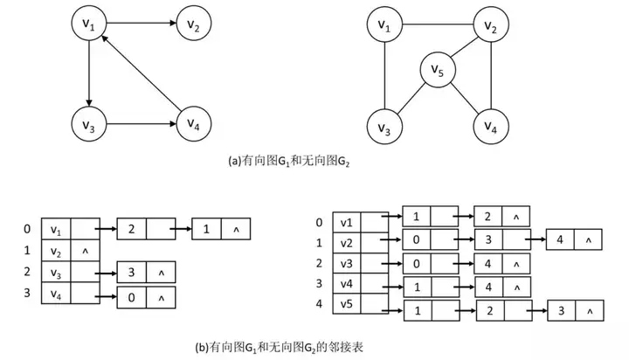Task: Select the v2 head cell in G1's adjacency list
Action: click(x=57, y=253)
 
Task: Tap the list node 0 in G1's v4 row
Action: click(x=131, y=297)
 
